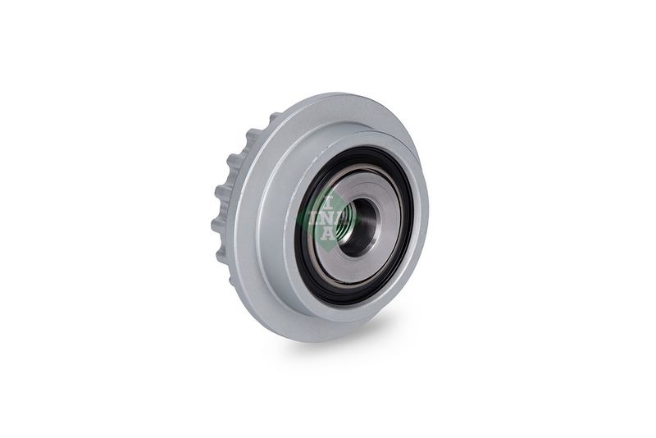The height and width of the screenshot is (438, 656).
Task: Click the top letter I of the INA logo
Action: [x=329, y=203]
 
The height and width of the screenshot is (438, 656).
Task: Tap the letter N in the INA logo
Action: [x=327, y=218]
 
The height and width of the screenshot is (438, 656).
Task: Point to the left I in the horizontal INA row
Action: [x=313, y=218]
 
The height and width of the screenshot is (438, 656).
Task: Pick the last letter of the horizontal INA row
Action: [x=341, y=218]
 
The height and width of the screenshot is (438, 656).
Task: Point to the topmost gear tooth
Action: [x=274, y=117]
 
